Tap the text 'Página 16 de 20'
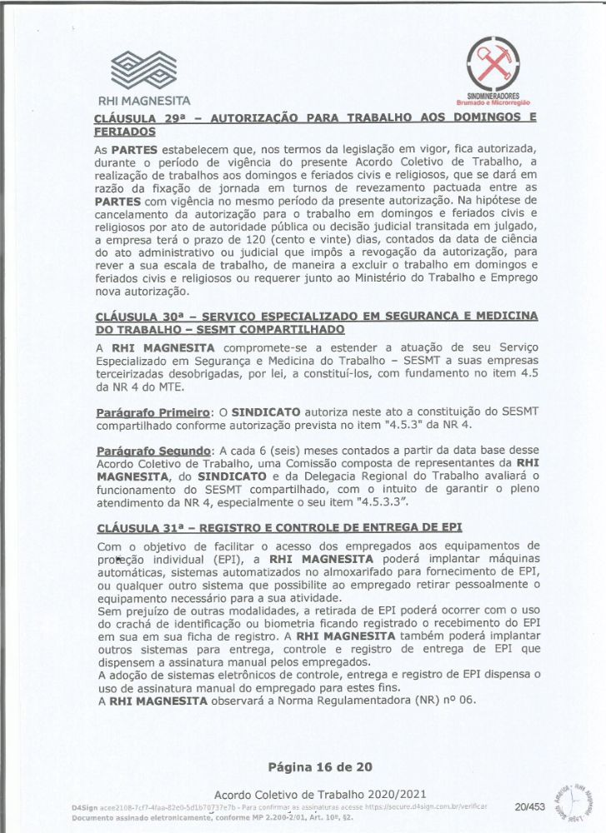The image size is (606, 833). (320, 766)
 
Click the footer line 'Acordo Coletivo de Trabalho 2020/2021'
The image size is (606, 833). (320, 795)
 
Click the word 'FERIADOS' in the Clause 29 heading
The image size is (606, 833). (126, 132)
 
